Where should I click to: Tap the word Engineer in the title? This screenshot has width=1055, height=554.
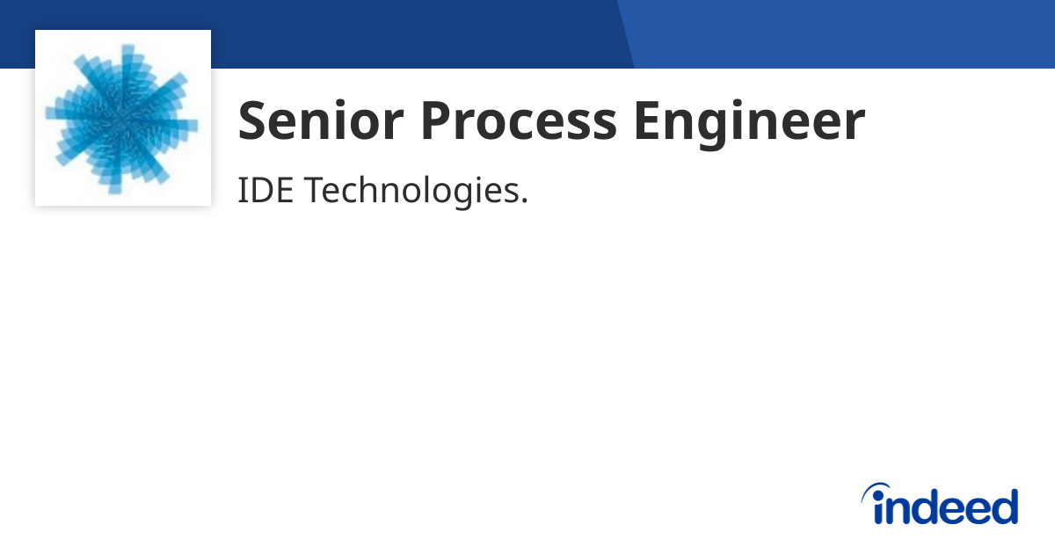[749, 122]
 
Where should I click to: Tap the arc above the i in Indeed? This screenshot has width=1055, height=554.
[876, 488]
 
